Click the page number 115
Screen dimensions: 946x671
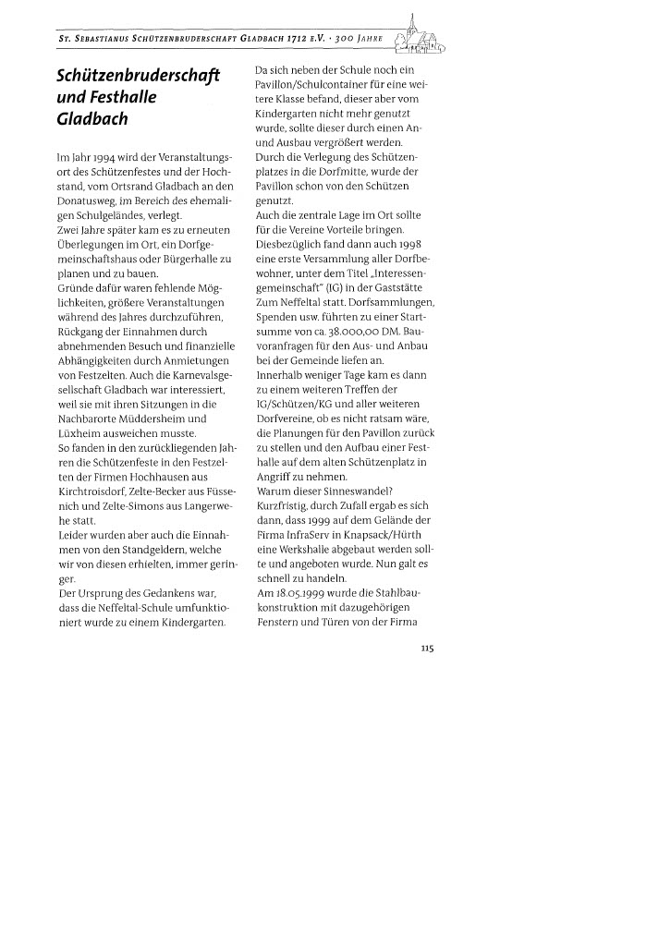[427, 649]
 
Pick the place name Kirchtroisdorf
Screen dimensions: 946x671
[97, 491]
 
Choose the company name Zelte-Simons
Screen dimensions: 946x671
[125, 506]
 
